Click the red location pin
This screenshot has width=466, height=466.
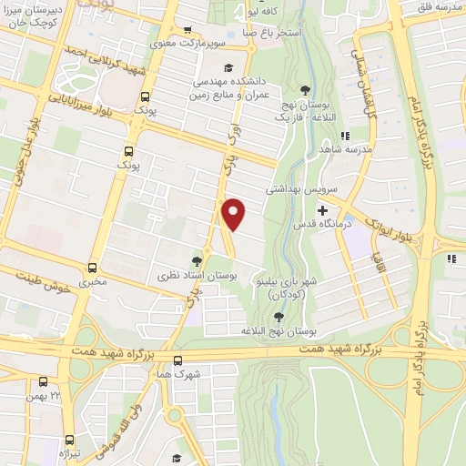coord(234,213)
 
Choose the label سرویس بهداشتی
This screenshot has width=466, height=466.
coord(301,190)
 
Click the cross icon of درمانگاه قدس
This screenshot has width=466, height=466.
coord(321,211)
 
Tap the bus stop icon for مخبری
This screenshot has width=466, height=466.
coord(92,268)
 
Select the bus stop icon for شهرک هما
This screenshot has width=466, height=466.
coord(177,360)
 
